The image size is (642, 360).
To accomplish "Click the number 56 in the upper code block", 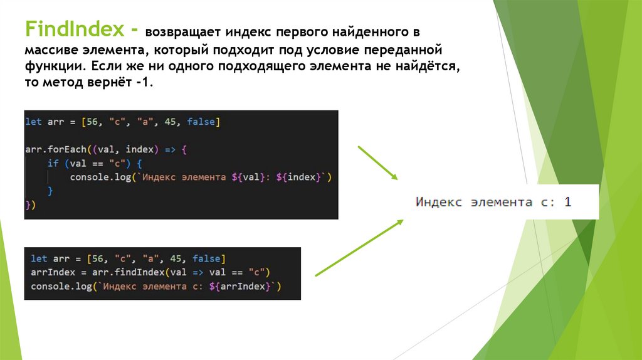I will tap(92, 122).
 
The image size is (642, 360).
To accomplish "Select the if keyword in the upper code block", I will tap(52, 164).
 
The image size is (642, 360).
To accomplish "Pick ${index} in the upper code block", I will tap(304, 177).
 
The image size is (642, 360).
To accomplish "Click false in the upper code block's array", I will tap(201, 122).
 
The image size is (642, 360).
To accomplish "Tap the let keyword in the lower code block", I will tap(38, 258).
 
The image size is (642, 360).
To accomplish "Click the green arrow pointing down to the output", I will tap(378, 163).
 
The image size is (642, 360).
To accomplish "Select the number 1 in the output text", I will tap(567, 202).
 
